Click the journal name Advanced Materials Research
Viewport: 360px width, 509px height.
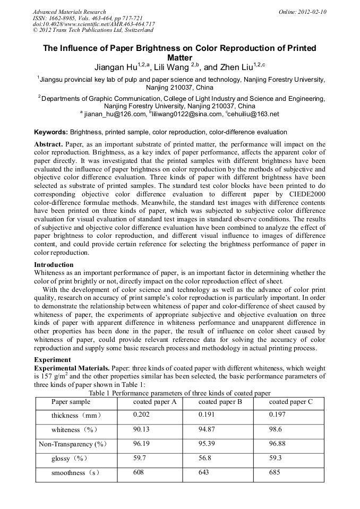click(69, 12)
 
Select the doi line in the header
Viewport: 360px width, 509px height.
click(94, 24)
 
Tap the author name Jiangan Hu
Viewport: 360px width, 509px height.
click(115, 67)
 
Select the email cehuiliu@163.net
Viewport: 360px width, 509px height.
click(253, 114)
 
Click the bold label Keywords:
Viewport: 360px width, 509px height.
click(51, 132)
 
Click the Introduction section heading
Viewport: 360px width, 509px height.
click(54, 264)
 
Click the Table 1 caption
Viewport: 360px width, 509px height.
click(179, 393)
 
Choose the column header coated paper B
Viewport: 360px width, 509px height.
click(220, 402)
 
